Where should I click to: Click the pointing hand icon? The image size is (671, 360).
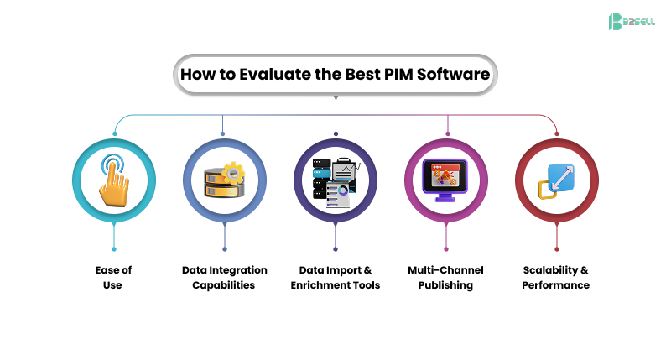[113, 180]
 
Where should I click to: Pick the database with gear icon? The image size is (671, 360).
[224, 180]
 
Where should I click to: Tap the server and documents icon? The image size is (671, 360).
[335, 180]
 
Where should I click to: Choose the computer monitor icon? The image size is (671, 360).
[446, 180]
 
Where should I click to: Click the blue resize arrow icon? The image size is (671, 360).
[556, 180]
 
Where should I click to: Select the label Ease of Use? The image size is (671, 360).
[113, 278]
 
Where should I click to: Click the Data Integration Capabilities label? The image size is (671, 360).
[224, 278]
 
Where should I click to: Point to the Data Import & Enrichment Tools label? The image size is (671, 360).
[335, 278]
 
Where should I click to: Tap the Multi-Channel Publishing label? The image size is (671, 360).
[446, 278]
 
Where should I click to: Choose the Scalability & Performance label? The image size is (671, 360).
[556, 278]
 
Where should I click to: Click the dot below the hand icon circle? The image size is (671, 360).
[113, 248]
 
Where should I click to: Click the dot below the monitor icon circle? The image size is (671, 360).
[446, 248]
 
